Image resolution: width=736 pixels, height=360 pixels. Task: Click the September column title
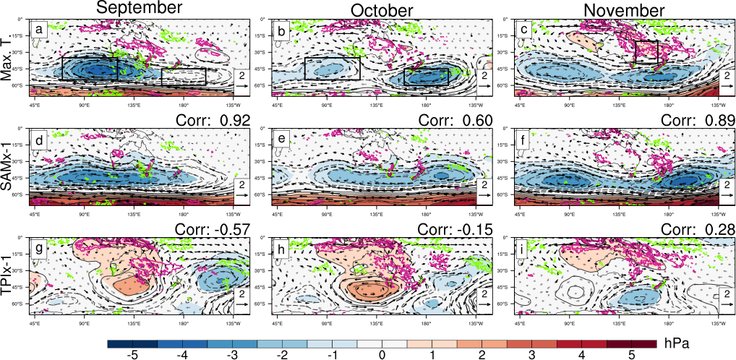tap(139, 9)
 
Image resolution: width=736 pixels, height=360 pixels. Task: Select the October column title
tap(382, 10)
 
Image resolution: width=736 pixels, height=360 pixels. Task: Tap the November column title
tap(624, 10)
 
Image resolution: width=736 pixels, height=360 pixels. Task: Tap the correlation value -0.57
tap(226, 230)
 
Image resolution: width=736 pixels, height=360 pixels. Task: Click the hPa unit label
tap(677, 338)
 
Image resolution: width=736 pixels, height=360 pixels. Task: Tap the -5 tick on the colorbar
tap(132, 355)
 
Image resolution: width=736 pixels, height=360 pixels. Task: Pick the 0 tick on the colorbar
tap(382, 355)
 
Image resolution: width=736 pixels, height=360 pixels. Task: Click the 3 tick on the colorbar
tap(531, 355)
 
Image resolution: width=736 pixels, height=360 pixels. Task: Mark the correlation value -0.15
tap(469, 230)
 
